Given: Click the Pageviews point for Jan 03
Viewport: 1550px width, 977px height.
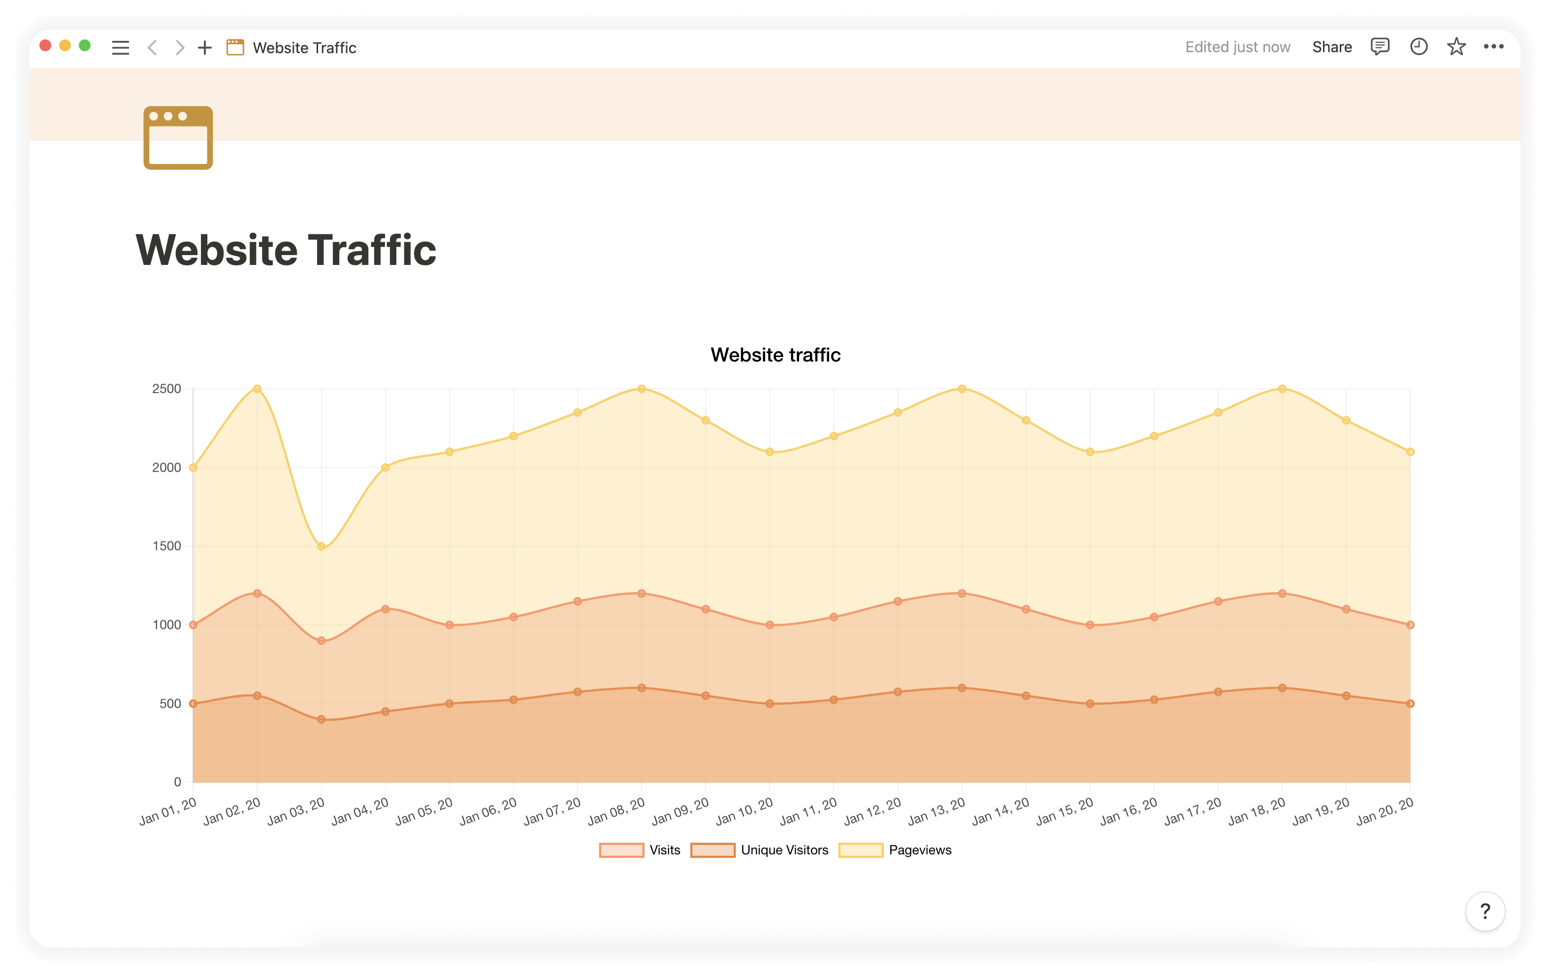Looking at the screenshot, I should coord(321,546).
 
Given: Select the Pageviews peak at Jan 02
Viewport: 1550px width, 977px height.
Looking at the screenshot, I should coord(257,389).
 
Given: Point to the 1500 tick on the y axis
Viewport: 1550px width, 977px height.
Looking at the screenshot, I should coord(167,546).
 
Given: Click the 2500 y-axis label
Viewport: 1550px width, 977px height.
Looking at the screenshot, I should coord(167,389).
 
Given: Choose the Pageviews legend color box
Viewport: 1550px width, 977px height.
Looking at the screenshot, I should coord(861,850).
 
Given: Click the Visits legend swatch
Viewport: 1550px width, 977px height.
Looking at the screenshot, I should coord(621,850).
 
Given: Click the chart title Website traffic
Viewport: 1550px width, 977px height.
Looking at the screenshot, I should coord(775,355).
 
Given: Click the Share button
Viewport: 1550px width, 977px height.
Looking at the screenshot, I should coord(1332,47).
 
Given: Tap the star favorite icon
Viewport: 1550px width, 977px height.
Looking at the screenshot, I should coord(1456,47).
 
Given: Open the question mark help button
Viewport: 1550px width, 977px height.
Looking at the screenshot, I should coord(1485,911).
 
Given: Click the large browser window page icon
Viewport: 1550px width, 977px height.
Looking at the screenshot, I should coord(178,138).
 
